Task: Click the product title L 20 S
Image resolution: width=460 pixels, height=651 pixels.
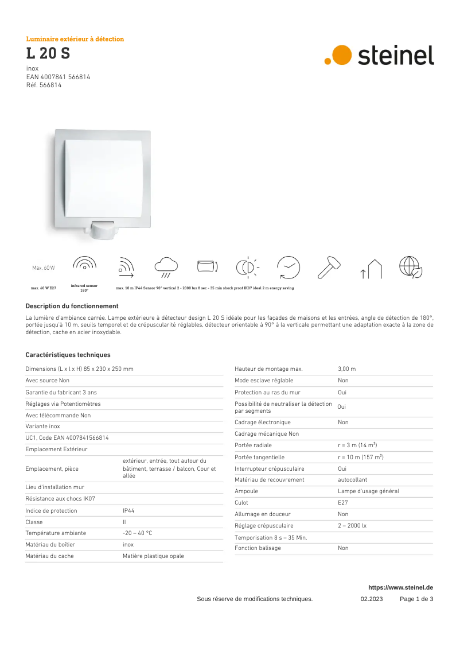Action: pyautogui.click(x=48, y=54)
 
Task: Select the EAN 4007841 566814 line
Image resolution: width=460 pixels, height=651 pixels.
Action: pyautogui.click(x=58, y=76)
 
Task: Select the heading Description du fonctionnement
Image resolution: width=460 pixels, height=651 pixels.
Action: pyautogui.click(x=72, y=307)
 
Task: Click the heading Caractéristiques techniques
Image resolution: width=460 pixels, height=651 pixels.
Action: pyautogui.click(x=68, y=355)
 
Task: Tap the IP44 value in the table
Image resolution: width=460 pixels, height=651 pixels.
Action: pyautogui.click(x=128, y=510)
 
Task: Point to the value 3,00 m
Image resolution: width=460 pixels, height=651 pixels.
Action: pyautogui.click(x=346, y=369)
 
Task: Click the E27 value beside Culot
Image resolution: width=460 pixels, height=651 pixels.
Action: pyautogui.click(x=342, y=502)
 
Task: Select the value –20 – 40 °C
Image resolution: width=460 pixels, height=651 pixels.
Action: pyautogui.click(x=137, y=533)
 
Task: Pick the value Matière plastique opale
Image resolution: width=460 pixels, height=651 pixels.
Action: pyautogui.click(x=153, y=556)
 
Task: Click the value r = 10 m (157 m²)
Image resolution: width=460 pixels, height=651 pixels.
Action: pyautogui.click(x=360, y=457)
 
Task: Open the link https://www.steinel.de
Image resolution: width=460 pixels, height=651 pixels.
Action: pyautogui.click(x=400, y=587)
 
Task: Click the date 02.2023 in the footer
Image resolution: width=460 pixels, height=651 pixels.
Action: pyautogui.click(x=371, y=599)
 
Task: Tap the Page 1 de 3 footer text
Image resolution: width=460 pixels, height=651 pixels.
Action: pyautogui.click(x=416, y=599)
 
